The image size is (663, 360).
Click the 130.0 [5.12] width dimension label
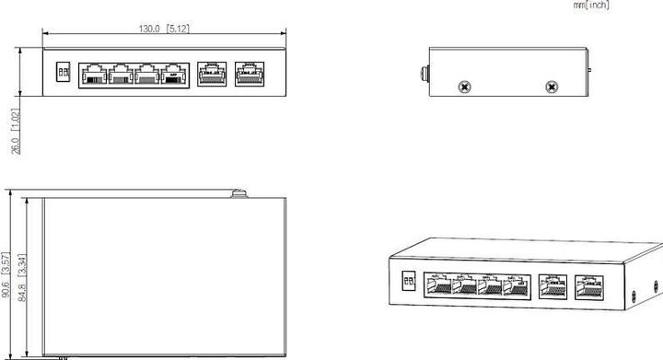(165, 29)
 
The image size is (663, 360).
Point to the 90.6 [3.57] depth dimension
(6, 275)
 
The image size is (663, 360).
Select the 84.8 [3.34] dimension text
(23, 275)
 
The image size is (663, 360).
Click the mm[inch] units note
(591, 6)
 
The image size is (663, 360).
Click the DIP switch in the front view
(64, 72)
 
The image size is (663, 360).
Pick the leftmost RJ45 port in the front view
(92, 75)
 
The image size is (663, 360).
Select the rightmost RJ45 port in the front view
(247, 74)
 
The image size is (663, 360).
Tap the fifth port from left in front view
(212, 74)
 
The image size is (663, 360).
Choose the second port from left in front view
(120, 75)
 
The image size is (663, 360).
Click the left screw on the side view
(465, 87)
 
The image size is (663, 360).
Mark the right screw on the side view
(552, 87)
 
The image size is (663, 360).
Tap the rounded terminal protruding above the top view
(238, 192)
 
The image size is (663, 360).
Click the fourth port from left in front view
(173, 75)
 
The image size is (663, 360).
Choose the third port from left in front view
(146, 75)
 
